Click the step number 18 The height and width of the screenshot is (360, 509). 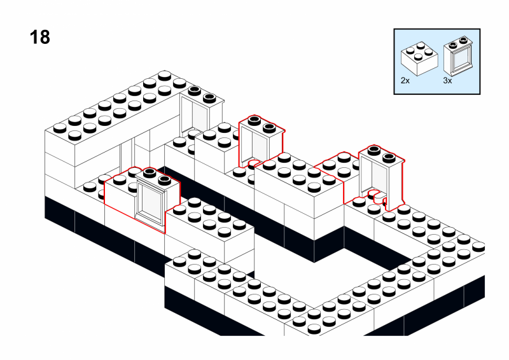[39, 38]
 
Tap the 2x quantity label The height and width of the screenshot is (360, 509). [405, 81]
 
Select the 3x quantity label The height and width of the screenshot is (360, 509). [447, 81]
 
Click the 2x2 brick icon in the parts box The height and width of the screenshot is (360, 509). [419, 59]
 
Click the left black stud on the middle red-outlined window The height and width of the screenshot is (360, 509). [253, 119]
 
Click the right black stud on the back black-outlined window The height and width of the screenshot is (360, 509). [209, 97]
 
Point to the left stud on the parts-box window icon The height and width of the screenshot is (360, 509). [452, 43]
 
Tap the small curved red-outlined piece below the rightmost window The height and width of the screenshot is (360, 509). [377, 198]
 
